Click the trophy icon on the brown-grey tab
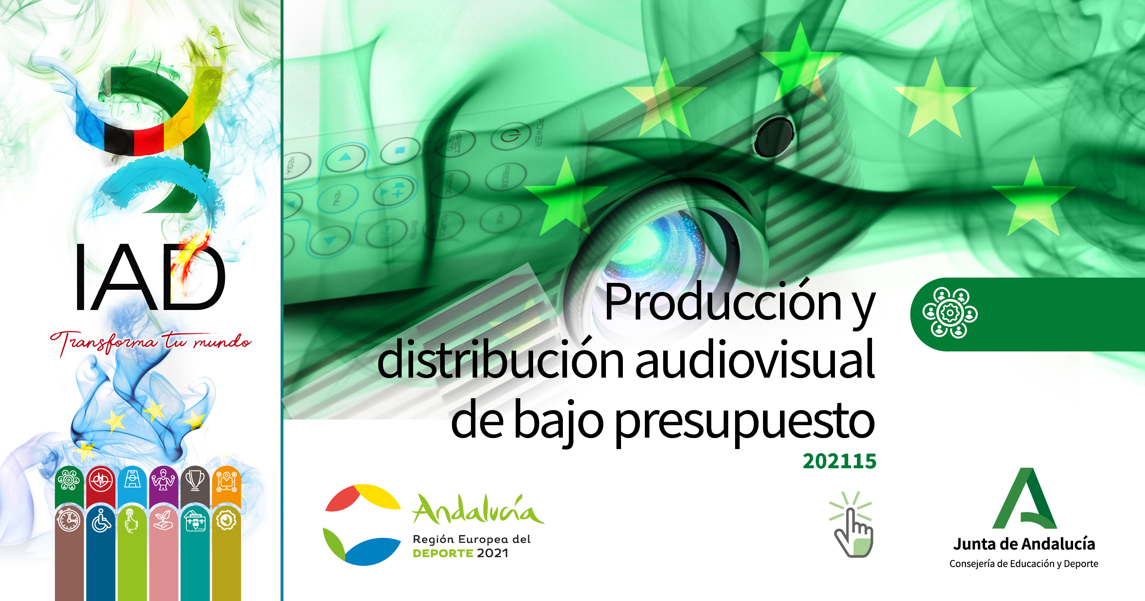pos(195,480)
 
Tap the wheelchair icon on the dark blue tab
pos(101,521)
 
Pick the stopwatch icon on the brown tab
pos(69,521)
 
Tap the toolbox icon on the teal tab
pos(196,521)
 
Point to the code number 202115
pos(839,461)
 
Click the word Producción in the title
pos(722,302)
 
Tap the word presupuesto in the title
pos(744,421)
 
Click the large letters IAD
pos(150,278)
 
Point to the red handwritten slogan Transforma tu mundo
pos(150,342)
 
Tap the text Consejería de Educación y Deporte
pos(1024,564)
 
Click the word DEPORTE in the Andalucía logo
pos(442,553)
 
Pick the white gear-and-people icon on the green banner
pos(950,313)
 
